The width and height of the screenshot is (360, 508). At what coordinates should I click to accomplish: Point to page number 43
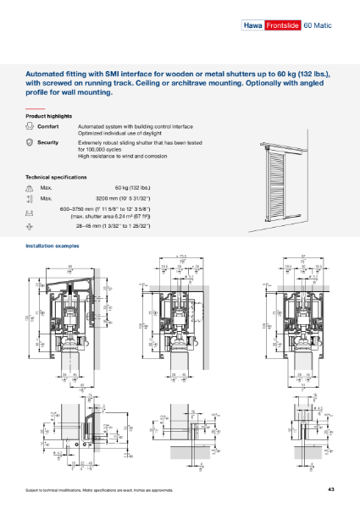[331, 490]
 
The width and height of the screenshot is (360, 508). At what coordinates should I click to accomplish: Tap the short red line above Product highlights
[34, 109]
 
